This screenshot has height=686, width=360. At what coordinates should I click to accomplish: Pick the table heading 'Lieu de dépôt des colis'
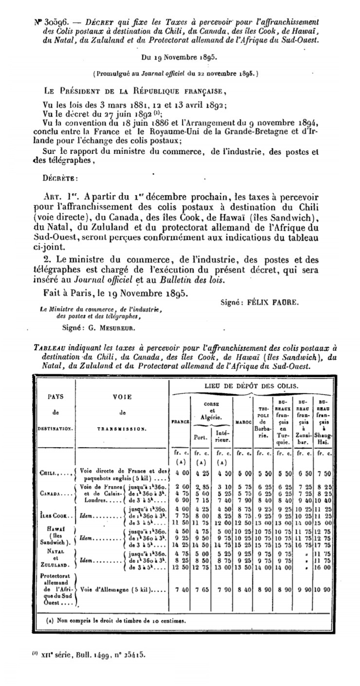(x=251, y=385)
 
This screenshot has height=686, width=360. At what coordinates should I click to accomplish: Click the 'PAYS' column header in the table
(x=56, y=397)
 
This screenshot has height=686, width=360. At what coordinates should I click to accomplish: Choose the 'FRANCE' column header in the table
(x=180, y=421)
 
